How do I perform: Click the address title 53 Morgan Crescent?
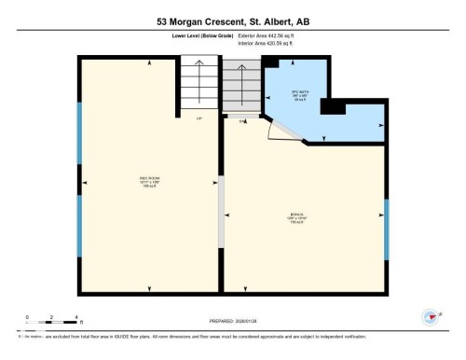(x=232, y=18)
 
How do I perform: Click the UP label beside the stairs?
(x=199, y=118)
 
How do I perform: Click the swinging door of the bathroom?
(x=281, y=131)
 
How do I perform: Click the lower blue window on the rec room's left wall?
(x=79, y=228)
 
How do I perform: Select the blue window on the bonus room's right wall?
(x=386, y=228)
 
